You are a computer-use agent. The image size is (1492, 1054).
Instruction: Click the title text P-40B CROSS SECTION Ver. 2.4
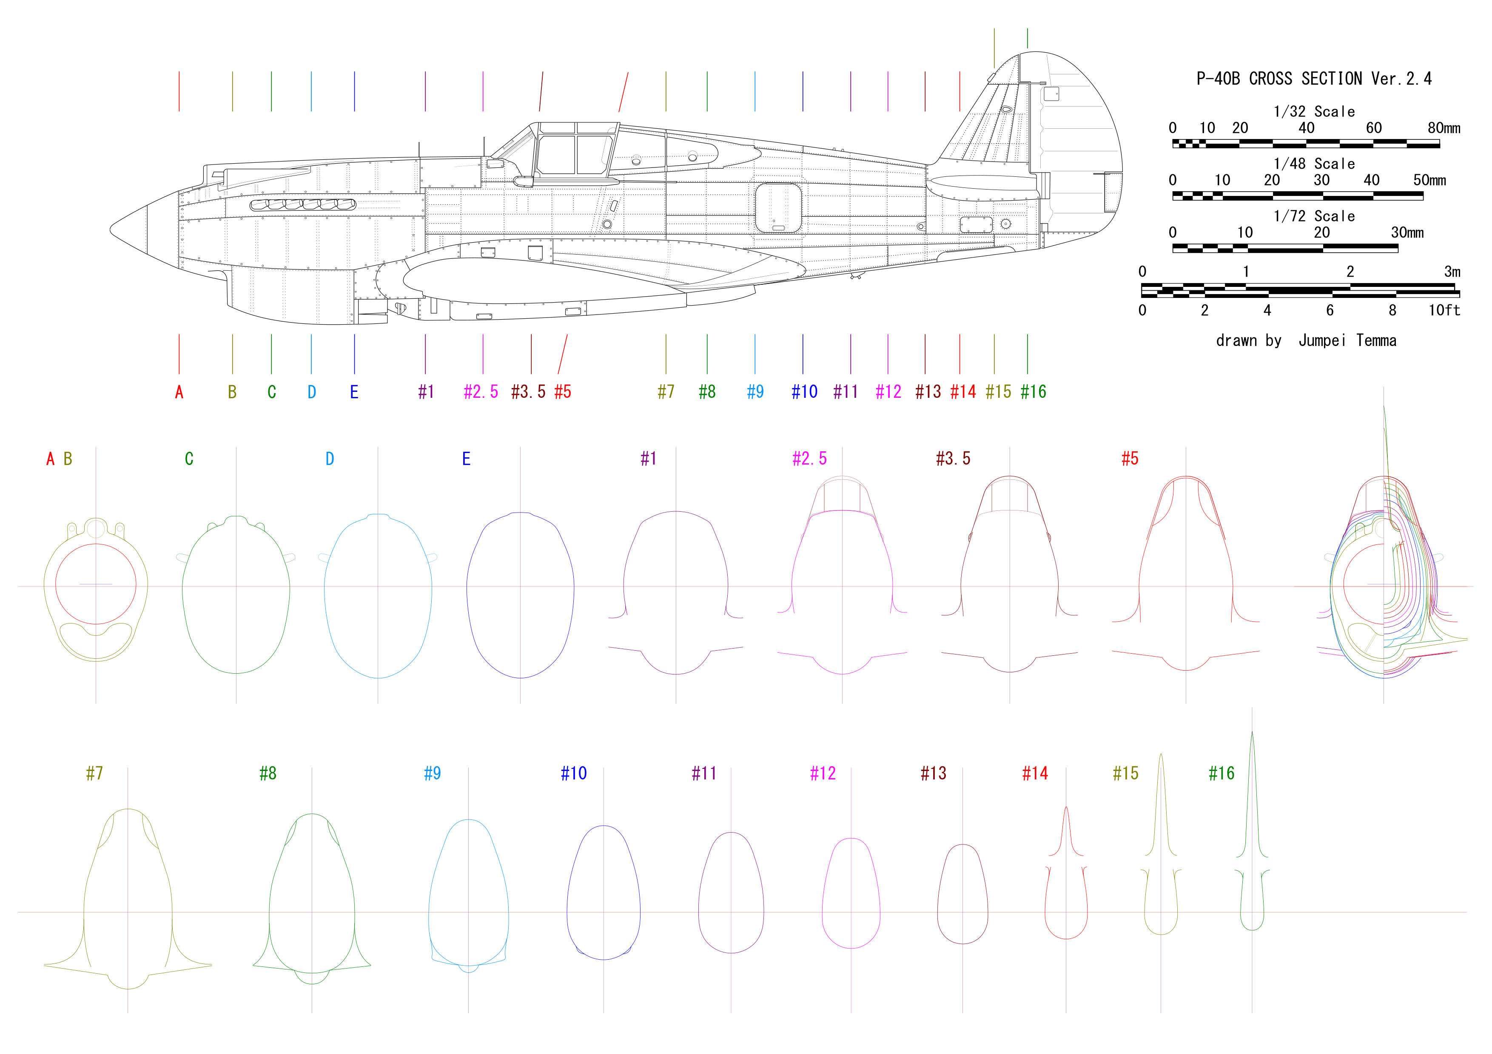pyautogui.click(x=1313, y=79)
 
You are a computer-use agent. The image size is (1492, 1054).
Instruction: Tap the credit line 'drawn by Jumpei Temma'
pyautogui.click(x=1306, y=340)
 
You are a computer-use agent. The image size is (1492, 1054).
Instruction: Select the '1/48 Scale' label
pyautogui.click(x=1313, y=164)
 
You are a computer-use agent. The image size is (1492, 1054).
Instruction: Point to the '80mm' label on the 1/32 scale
pyautogui.click(x=1443, y=128)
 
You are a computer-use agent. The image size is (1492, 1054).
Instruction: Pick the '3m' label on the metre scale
pyautogui.click(x=1452, y=272)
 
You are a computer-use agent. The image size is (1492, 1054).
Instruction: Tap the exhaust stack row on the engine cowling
pyautogui.click(x=303, y=204)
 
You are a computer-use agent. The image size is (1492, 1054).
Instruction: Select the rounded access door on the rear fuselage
pyautogui.click(x=778, y=207)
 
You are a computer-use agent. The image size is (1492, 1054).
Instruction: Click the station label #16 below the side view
pyautogui.click(x=1033, y=391)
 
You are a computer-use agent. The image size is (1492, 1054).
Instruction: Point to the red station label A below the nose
pyautogui.click(x=179, y=392)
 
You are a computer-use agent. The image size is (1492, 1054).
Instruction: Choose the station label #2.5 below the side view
pyautogui.click(x=481, y=391)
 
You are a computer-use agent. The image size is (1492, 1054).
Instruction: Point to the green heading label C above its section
pyautogui.click(x=189, y=459)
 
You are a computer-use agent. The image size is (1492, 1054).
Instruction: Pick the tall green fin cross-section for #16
pyautogui.click(x=1252, y=812)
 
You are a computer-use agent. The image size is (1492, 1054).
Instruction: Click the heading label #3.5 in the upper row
pyautogui.click(x=953, y=459)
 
